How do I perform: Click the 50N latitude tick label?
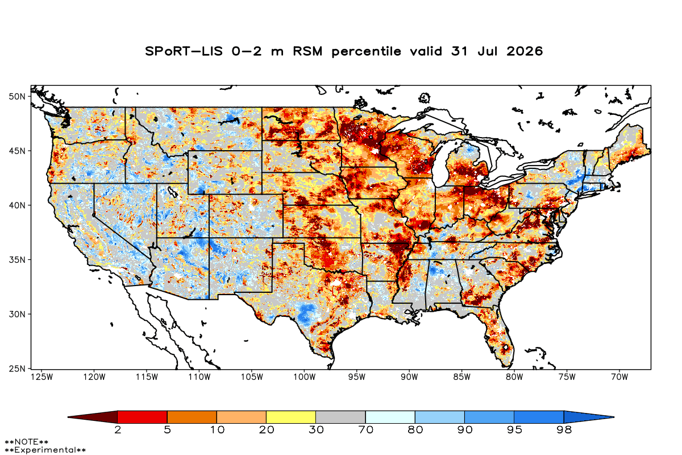(17, 97)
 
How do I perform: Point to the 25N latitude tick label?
(17, 369)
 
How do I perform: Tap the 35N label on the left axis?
(17, 260)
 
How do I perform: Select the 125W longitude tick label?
(42, 377)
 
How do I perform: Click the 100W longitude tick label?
(305, 377)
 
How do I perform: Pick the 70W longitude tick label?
(619, 377)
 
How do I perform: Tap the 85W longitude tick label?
(462, 377)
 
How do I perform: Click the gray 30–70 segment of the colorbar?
(340, 417)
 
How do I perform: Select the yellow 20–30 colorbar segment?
(291, 417)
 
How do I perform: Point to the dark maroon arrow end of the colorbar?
(93, 417)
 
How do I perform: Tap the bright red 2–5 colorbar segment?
(143, 417)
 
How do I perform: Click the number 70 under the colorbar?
(365, 430)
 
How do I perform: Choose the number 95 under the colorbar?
(514, 430)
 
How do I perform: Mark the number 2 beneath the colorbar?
(118, 430)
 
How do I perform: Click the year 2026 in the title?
(525, 51)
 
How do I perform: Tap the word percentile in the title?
(366, 52)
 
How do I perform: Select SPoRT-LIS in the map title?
(184, 51)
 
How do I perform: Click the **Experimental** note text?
(45, 450)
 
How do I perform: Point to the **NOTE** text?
(27, 442)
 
